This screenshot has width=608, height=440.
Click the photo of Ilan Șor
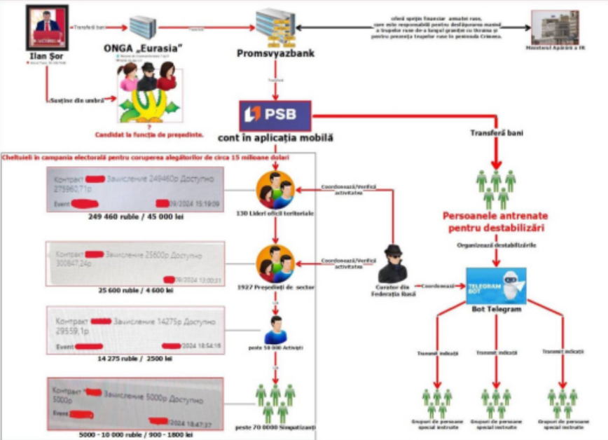48,27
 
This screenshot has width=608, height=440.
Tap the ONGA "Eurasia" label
144,48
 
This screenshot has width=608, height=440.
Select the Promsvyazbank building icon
275,27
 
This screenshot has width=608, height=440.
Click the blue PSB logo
275,115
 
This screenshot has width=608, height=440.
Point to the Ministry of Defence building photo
555,27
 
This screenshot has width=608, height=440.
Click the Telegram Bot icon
496,285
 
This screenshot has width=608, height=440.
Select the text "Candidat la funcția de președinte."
149,134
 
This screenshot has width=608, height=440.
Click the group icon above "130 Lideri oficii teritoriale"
275,189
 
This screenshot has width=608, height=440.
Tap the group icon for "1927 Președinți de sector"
275,263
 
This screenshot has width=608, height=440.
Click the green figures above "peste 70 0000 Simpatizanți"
275,402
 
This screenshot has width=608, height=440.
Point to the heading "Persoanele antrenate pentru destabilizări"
495,222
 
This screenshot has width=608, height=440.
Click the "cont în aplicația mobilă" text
275,138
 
